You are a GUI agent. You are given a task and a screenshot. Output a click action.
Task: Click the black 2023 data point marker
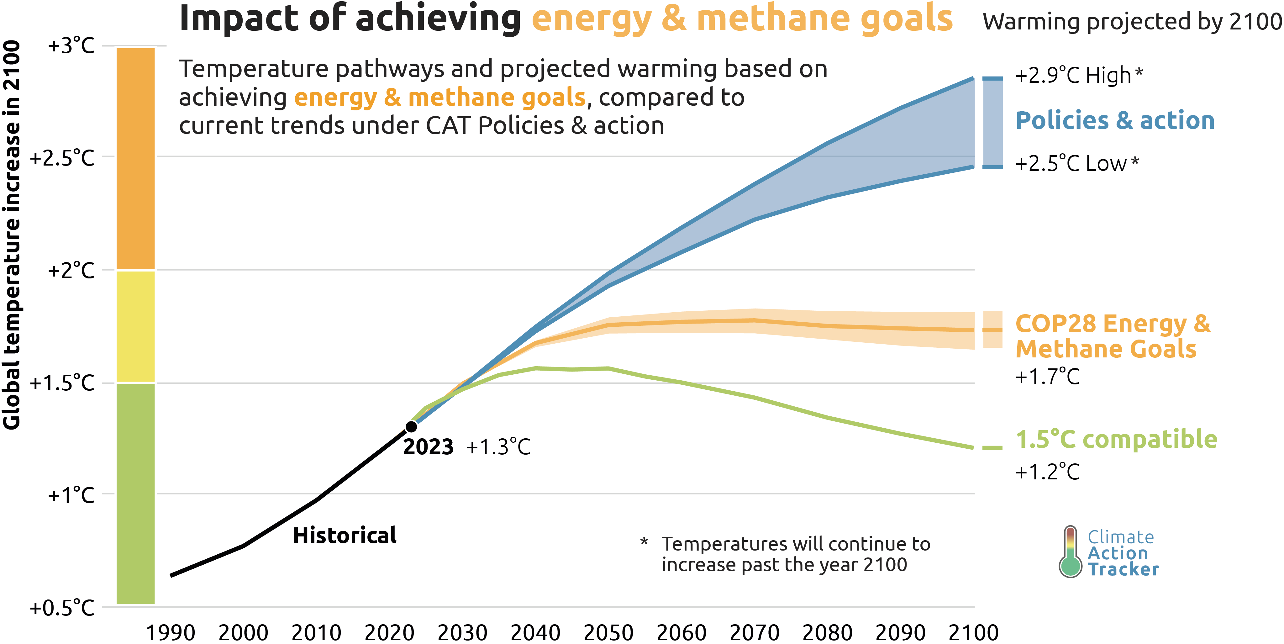(x=411, y=427)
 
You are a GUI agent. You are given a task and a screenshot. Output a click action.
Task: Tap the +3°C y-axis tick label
(x=71, y=46)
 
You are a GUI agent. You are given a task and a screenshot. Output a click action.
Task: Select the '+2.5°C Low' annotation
(x=1077, y=163)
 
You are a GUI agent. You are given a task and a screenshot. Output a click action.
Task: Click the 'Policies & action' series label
(x=1115, y=121)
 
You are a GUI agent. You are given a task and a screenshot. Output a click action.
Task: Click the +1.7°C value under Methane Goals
(x=1047, y=377)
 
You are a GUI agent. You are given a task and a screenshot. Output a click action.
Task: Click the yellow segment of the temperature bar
(x=135, y=326)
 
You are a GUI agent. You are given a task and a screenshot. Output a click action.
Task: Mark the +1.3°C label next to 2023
(x=498, y=447)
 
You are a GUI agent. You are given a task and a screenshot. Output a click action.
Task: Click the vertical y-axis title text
(x=12, y=234)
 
